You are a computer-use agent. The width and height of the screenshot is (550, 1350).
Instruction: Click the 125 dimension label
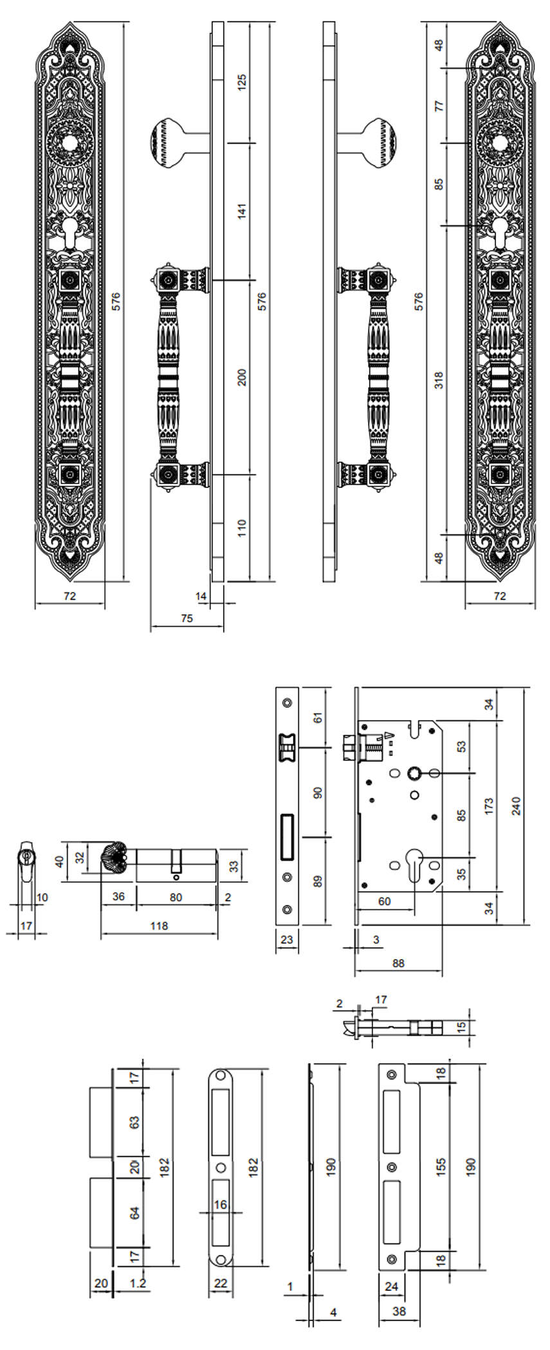tap(243, 83)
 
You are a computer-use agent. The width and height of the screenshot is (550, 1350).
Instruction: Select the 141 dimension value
tap(243, 211)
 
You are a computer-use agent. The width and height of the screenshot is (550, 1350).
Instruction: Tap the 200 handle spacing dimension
tap(243, 377)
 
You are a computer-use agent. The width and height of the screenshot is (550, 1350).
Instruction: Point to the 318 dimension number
tap(439, 381)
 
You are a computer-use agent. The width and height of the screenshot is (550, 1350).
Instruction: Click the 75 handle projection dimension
tap(186, 618)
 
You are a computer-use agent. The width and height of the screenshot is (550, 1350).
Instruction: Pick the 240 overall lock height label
tap(516, 806)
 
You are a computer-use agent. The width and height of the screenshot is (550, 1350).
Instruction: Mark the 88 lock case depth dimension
tap(398, 963)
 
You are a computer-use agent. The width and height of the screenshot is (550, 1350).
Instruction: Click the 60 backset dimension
tap(384, 901)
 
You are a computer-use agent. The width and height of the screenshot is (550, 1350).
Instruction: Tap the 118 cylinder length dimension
tap(159, 926)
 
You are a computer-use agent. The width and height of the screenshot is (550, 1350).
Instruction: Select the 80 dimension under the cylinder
tap(176, 897)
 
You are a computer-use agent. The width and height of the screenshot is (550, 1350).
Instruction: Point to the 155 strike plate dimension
tap(441, 1167)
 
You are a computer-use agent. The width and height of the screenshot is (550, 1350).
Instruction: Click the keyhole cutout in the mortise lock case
tap(415, 861)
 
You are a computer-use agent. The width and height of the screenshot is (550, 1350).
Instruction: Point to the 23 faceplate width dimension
tap(287, 939)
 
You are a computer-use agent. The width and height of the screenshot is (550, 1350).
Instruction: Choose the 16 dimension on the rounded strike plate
tap(221, 1204)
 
